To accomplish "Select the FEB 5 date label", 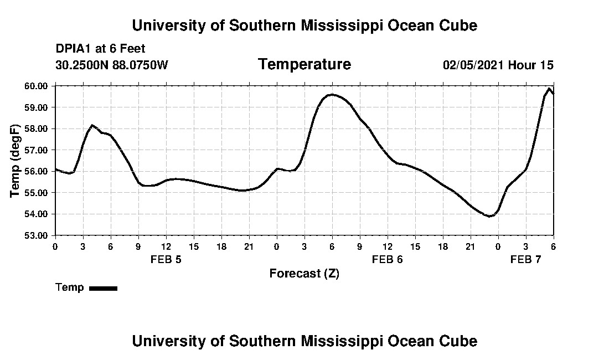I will pyautogui.click(x=166, y=259).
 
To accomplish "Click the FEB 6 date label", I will pyautogui.click(x=387, y=259).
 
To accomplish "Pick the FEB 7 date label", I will pyautogui.click(x=525, y=259).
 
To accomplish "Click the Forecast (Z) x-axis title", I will pyautogui.click(x=304, y=274).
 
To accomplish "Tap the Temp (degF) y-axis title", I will pyautogui.click(x=16, y=161).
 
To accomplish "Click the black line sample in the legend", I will pyautogui.click(x=104, y=288).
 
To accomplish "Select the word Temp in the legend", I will pyautogui.click(x=70, y=287).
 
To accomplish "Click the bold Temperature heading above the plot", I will pyautogui.click(x=304, y=64).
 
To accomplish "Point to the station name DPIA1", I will pyautogui.click(x=74, y=49).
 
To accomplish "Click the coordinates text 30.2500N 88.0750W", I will pyautogui.click(x=111, y=65).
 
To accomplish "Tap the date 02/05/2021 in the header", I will pyautogui.click(x=473, y=65).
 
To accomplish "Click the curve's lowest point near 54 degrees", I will pyautogui.click(x=489, y=216).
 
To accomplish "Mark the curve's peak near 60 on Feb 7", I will pyautogui.click(x=549, y=89).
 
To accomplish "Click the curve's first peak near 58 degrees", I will pyautogui.click(x=92, y=126).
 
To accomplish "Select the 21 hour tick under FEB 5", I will pyautogui.click(x=249, y=246).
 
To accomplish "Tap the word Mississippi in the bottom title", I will pyautogui.click(x=342, y=341).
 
